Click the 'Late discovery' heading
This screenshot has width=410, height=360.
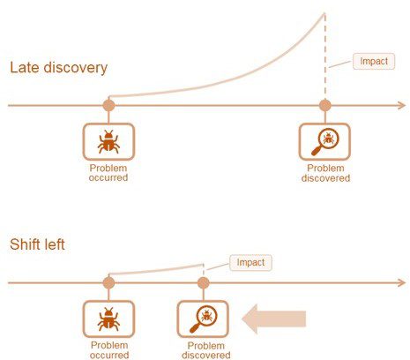coord(59,68)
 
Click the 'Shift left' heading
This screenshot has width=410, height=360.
coord(37,244)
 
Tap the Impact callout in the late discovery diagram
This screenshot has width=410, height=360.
coord(374,62)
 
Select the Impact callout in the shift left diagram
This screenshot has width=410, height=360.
coord(250,263)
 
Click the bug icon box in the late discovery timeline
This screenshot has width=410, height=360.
coord(108,142)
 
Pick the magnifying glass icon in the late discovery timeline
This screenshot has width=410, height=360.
coord(324,142)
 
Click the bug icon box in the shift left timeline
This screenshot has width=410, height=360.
coord(108,319)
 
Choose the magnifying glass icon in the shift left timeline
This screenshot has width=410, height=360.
coord(203,319)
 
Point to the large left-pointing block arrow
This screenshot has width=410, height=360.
coord(274,319)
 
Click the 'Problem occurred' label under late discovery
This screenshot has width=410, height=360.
coord(108,173)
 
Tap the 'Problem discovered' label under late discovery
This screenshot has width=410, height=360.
coord(325,173)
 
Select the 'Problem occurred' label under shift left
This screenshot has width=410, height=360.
coord(109,350)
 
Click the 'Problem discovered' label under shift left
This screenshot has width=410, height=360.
coord(206,350)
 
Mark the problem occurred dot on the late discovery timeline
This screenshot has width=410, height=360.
coord(108,105)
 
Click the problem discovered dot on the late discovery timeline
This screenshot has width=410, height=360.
coord(325,105)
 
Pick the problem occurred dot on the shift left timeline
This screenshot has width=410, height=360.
coord(108,283)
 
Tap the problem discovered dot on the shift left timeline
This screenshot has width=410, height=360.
coord(204,283)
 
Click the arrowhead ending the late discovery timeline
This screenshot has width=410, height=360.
coord(403,105)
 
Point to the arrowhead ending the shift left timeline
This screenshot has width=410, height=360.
coord(403,283)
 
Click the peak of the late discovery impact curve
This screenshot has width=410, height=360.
coord(324,13)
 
